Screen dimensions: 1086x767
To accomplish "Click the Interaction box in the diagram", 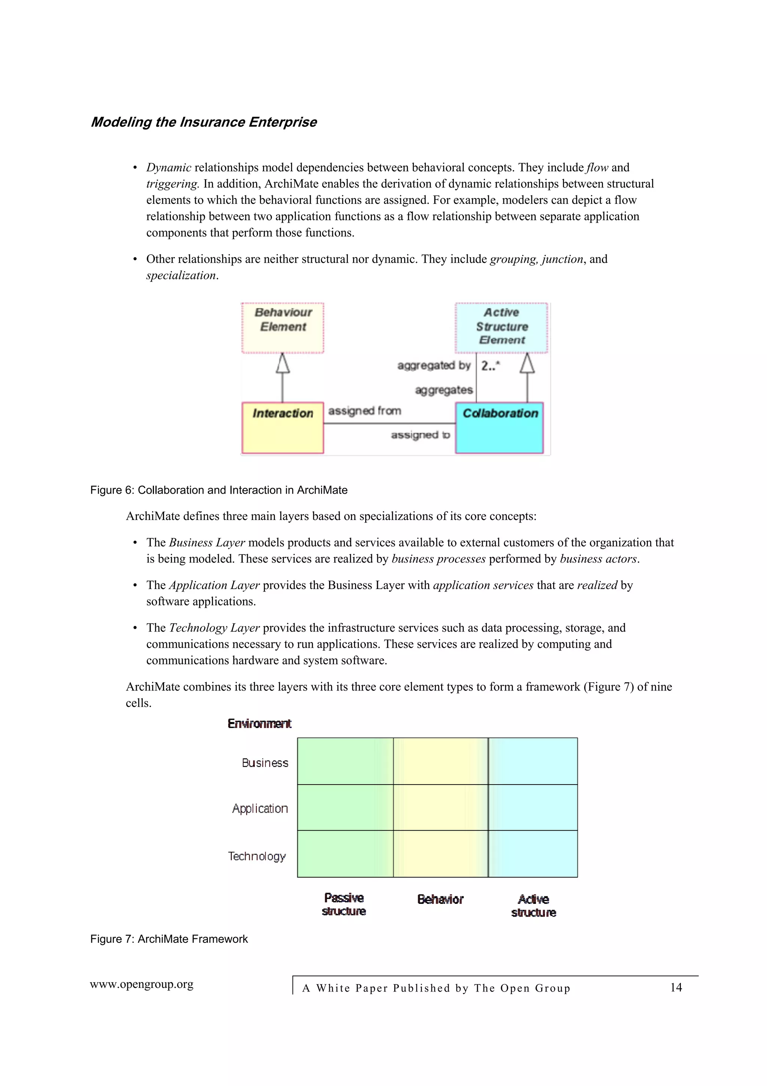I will tap(283, 428).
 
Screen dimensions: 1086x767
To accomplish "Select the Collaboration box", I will tap(499, 428).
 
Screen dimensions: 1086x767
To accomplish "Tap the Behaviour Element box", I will tap(283, 327).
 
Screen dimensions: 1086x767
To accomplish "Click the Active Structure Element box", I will tap(501, 327).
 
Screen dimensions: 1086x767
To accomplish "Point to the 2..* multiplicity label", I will tap(491, 365).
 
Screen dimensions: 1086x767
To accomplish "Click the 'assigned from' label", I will tap(364, 410).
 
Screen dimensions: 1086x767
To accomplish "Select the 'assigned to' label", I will tap(420, 435).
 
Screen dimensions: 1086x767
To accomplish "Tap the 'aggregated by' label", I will tap(433, 365).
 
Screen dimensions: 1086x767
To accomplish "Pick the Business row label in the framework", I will tap(265, 762).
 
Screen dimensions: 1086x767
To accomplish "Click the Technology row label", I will tap(257, 856).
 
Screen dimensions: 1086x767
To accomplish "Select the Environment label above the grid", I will tap(260, 724).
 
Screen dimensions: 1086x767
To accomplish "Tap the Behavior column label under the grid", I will tap(440, 899).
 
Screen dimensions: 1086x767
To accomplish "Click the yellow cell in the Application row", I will tap(440, 807).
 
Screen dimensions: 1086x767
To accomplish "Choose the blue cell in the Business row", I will tap(533, 761).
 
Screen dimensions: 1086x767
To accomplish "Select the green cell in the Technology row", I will tap(345, 854).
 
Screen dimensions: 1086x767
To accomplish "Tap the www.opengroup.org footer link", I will tap(142, 984).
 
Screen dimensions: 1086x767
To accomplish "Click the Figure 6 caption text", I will tap(219, 490).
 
